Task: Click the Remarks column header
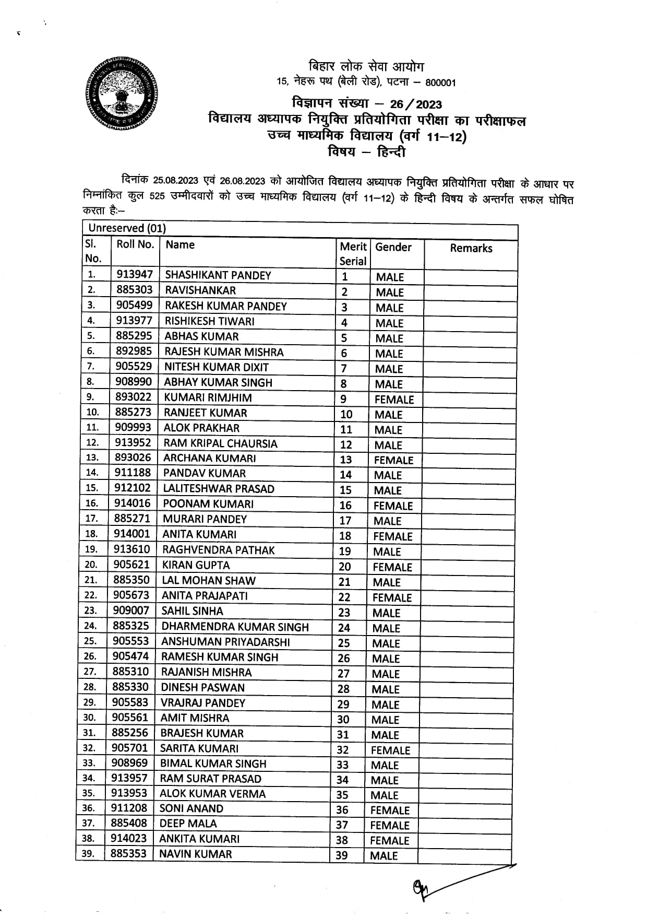click(471, 249)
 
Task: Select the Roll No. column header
click(135, 244)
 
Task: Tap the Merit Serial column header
click(353, 254)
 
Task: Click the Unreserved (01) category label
click(127, 228)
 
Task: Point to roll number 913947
click(135, 275)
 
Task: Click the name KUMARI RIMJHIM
click(208, 397)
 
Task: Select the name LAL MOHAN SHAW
click(209, 580)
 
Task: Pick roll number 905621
click(131, 565)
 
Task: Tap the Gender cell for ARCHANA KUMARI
click(393, 460)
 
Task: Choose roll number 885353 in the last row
click(128, 854)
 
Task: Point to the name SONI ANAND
click(191, 808)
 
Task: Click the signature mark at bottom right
click(423, 887)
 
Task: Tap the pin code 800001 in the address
click(440, 83)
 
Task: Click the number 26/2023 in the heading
click(415, 104)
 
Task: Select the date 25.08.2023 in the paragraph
click(175, 181)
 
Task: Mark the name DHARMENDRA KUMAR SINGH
click(235, 627)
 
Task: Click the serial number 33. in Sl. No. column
click(90, 763)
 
